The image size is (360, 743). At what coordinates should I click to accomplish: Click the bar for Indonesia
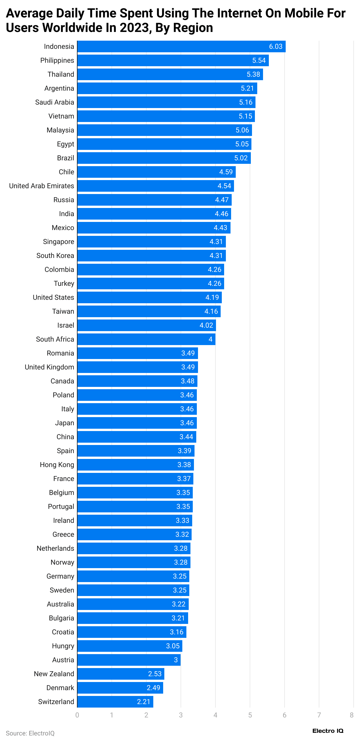tap(181, 46)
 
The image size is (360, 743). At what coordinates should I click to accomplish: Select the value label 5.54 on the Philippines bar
tap(259, 60)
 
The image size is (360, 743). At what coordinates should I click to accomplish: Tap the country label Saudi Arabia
tap(55, 102)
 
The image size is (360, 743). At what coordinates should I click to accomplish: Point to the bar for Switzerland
tap(115, 701)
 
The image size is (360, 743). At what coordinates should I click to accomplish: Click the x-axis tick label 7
tap(319, 715)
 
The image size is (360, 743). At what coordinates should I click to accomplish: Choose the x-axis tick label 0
tap(77, 715)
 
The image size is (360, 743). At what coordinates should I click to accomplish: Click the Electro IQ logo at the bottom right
tap(328, 731)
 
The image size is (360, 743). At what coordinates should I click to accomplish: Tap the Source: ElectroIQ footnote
tap(30, 733)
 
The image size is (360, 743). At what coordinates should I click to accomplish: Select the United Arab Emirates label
tap(42, 186)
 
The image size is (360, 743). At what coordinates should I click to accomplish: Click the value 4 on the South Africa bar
tap(210, 339)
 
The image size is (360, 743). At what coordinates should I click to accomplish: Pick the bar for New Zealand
tap(120, 674)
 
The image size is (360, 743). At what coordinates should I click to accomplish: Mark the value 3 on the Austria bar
tap(176, 660)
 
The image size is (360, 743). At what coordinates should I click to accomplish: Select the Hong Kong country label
tap(57, 465)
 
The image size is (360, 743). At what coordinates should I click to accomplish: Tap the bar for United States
tap(149, 297)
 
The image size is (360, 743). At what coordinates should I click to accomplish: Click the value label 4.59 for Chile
tap(226, 172)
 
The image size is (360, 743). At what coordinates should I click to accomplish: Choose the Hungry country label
tap(63, 646)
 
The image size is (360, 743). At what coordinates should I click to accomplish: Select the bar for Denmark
tap(120, 688)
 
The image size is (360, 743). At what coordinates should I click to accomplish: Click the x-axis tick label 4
tap(215, 715)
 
